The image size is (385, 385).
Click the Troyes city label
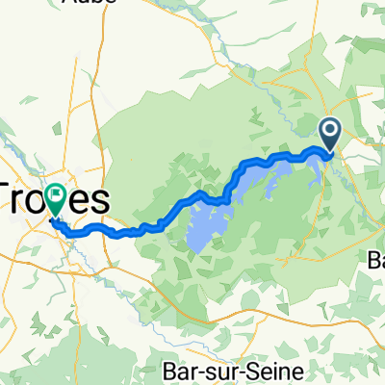(53, 200)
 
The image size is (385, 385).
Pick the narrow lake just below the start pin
(316, 171)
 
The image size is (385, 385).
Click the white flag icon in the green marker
(54, 195)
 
